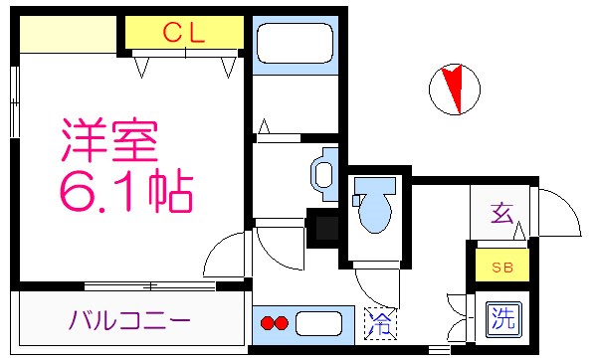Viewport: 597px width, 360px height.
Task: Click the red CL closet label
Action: tap(184, 33)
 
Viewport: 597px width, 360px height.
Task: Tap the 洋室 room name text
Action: tap(109, 142)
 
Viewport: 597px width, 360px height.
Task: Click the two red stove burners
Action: tap(274, 323)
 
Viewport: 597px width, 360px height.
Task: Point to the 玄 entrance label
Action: tap(502, 212)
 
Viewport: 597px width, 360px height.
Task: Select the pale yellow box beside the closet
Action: tap(70, 35)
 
